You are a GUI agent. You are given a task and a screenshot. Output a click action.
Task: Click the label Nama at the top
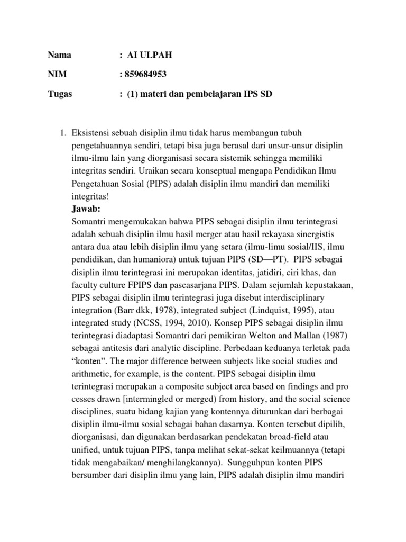[59, 55]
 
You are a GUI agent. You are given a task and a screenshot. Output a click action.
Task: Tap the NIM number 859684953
[147, 75]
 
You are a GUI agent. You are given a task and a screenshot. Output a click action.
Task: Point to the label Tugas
[60, 94]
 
